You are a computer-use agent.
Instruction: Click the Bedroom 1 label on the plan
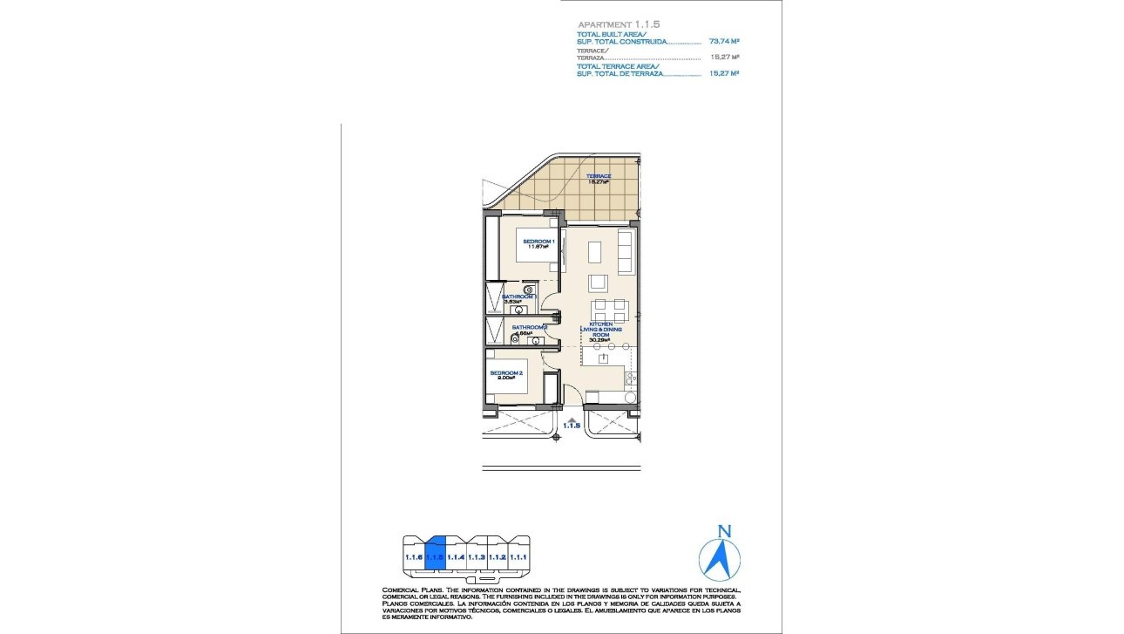click(x=538, y=241)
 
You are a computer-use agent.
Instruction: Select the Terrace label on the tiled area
click(x=599, y=176)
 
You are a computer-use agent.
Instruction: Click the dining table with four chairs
click(x=608, y=310)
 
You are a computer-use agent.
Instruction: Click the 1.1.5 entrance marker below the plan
click(x=572, y=425)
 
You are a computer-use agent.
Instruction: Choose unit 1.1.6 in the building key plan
click(x=414, y=556)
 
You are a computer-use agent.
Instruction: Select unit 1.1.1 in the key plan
click(x=518, y=556)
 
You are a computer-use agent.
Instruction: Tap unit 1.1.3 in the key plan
click(x=477, y=556)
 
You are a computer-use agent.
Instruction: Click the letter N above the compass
click(x=722, y=529)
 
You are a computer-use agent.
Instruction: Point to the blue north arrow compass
click(x=721, y=559)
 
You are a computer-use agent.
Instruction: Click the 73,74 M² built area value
click(x=724, y=41)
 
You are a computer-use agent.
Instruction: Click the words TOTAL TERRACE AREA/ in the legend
click(x=618, y=66)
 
